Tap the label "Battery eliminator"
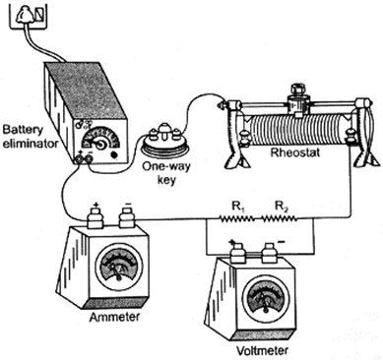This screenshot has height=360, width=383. (x=31, y=137)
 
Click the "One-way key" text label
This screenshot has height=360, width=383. (x=166, y=173)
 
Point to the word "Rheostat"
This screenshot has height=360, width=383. (x=294, y=152)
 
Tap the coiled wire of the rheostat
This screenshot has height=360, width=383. (x=298, y=130)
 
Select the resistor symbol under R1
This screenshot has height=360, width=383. (x=237, y=218)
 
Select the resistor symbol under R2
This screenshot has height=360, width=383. (x=280, y=218)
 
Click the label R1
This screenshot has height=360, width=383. (x=237, y=207)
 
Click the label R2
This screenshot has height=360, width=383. (x=282, y=207)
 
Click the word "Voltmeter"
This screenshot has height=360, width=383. (x=263, y=350)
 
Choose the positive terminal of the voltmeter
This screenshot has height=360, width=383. (x=237, y=253)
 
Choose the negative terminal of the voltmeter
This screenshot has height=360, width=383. (x=270, y=253)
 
